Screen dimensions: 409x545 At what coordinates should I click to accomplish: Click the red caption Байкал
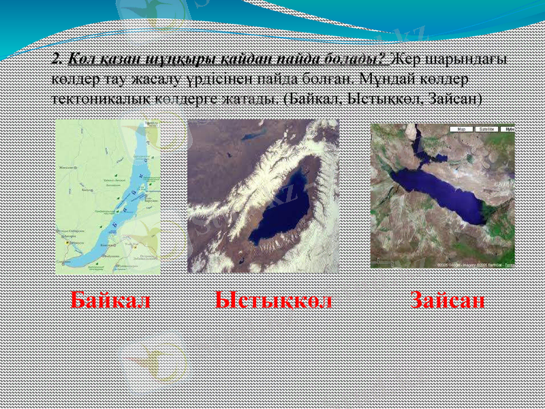(x=110, y=301)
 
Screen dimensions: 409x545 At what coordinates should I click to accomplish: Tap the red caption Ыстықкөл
(x=273, y=301)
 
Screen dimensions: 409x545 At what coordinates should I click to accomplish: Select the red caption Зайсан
(x=448, y=301)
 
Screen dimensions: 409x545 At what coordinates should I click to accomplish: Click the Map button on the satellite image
(x=461, y=128)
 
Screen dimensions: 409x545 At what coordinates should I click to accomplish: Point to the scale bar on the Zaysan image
(x=386, y=261)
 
